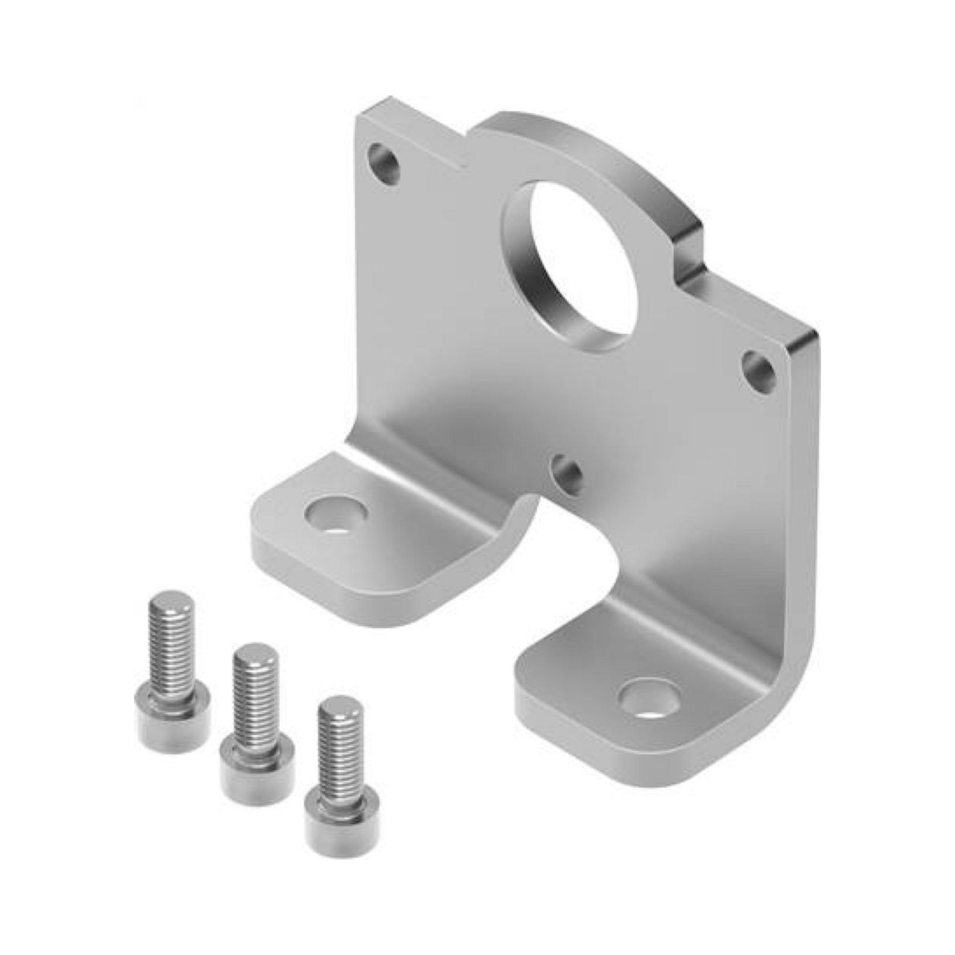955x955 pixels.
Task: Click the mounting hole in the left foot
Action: pos(336,514)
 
